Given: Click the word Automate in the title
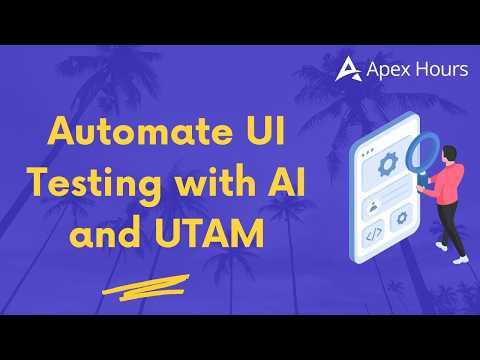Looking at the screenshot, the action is (140, 131).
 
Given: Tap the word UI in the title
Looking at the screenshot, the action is (265, 131).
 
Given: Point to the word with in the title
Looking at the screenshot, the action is (218, 182).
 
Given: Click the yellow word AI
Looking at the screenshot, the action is (287, 182).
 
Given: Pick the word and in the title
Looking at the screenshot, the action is (105, 232).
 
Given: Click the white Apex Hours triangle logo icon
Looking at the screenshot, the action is (348, 69).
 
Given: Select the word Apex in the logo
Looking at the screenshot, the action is (388, 70).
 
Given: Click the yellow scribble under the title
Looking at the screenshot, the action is (146, 287).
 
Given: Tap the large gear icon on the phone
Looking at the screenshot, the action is (388, 164).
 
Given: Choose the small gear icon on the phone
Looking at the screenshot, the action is (402, 218).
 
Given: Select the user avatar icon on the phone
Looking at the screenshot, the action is (373, 206).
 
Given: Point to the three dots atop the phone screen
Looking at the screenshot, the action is (367, 152).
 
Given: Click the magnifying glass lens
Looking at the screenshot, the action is (423, 152).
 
